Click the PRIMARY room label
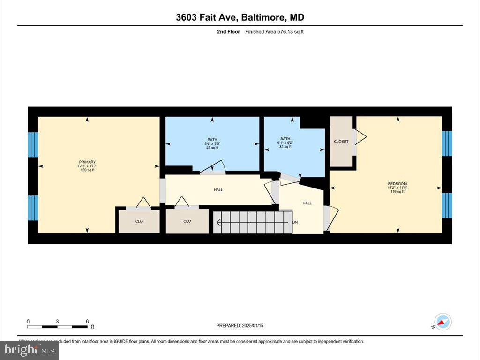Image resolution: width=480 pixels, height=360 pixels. (87, 162)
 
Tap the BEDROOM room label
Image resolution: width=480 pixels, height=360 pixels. (397, 183)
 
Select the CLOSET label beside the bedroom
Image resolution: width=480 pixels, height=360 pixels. (341, 141)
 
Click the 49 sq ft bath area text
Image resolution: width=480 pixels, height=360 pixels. (212, 148)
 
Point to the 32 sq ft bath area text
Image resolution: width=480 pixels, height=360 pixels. (285, 147)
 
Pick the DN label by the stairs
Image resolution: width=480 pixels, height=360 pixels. (295, 222)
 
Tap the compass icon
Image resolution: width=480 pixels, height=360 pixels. (442, 322)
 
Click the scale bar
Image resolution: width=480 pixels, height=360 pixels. (57, 326)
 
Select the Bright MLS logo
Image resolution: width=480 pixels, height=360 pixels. (29, 350)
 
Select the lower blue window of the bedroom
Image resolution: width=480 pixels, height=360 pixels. (447, 205)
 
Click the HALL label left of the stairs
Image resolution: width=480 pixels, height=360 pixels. (218, 190)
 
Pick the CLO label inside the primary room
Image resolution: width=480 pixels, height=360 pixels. (139, 221)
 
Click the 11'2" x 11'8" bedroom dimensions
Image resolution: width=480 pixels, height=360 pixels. (397, 187)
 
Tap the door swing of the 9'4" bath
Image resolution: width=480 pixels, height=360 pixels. (213, 167)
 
